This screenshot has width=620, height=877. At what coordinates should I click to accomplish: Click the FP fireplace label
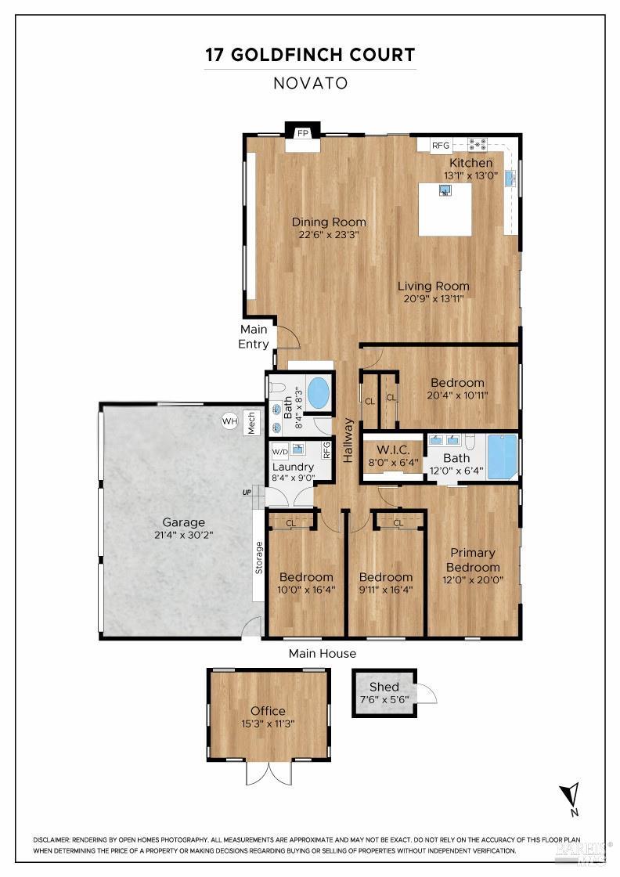[302, 133]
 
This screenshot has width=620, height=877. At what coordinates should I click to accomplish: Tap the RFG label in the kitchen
[441, 146]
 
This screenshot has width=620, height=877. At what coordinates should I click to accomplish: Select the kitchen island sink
[445, 190]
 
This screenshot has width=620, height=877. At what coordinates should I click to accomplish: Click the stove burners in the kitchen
[478, 145]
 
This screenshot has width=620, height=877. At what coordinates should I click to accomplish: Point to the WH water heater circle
[229, 421]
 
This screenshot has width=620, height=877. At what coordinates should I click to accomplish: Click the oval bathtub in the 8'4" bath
[318, 393]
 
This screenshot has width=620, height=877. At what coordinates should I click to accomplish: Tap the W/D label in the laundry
[279, 452]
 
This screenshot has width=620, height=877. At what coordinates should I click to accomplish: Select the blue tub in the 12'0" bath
[502, 457]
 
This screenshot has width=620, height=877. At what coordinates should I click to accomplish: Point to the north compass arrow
[573, 793]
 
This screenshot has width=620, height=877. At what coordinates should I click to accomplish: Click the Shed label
[384, 687]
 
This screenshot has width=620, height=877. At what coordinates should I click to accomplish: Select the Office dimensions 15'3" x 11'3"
[268, 724]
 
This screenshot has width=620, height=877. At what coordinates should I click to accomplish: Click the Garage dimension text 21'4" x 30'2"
[183, 536]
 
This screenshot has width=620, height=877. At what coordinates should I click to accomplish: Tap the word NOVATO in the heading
[310, 83]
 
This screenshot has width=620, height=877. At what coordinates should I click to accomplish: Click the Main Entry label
[254, 337]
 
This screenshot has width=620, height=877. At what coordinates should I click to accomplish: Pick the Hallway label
[348, 440]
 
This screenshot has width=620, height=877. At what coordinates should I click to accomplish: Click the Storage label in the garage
[258, 558]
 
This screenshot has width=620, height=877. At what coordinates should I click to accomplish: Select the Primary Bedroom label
[473, 561]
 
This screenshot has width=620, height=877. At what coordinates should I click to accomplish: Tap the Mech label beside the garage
[252, 422]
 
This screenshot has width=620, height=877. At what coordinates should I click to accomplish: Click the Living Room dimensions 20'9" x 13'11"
[433, 300]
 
